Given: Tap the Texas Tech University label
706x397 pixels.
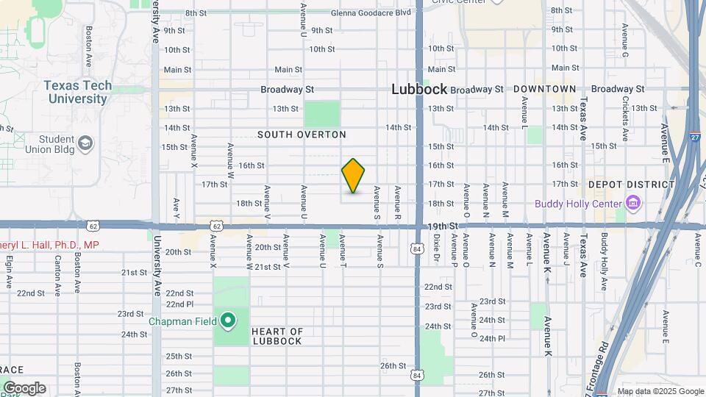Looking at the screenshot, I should coord(78,92).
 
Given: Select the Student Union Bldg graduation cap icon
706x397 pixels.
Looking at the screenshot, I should coord(85,143).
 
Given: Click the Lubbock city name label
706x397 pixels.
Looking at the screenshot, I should coord(419,89).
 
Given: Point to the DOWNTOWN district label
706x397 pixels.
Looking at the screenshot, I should coord(545,89).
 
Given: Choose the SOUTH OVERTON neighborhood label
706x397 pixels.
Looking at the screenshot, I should coord(302,135).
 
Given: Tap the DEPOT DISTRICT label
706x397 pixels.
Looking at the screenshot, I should coord(631,185).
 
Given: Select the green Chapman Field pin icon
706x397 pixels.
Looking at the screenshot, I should coord(228,320).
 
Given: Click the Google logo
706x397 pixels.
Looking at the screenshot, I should coord(24,388).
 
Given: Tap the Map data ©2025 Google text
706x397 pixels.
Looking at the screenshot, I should coord(660,391).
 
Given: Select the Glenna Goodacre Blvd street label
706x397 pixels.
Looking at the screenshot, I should coord(371,12).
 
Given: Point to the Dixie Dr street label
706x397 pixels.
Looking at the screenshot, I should coord(435,248).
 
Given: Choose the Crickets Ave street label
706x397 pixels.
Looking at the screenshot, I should coord(624,118).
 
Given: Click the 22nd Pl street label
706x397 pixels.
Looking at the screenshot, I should coord(179,304).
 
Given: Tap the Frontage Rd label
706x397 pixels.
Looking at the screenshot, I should coord(603,363).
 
